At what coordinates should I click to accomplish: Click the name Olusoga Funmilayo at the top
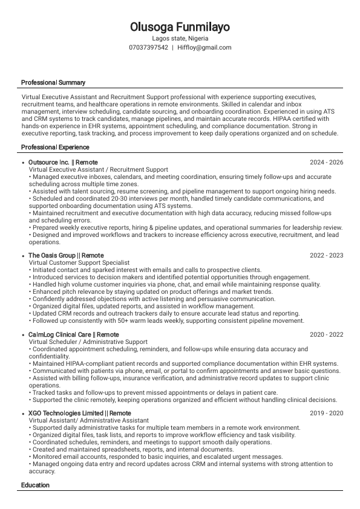point(180,27)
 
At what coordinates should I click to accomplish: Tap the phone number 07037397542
point(148,47)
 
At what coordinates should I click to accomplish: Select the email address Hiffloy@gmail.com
point(205,47)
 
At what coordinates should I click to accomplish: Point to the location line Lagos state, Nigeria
point(180,38)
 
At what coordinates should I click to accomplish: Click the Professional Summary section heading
point(53,82)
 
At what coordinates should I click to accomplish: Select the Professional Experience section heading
point(55,148)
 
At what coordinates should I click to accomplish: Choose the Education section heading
point(35,485)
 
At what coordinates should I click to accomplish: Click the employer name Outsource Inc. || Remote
point(63,163)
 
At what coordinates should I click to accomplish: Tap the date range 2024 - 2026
point(326,163)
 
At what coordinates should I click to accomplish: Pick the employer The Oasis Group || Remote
point(66,256)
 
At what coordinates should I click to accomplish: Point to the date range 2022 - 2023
point(326,256)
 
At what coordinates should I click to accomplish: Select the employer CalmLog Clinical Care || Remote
point(73,335)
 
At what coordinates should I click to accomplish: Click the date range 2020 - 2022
point(326,335)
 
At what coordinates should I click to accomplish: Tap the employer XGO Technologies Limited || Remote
point(79,413)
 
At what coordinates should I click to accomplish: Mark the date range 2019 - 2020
point(326,413)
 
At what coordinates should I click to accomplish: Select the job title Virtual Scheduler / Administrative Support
point(88,342)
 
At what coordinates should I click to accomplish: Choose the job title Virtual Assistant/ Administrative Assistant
point(89,421)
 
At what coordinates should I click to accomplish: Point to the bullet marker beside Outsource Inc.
point(22,163)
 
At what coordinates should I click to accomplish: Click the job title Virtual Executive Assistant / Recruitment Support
point(99,170)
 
